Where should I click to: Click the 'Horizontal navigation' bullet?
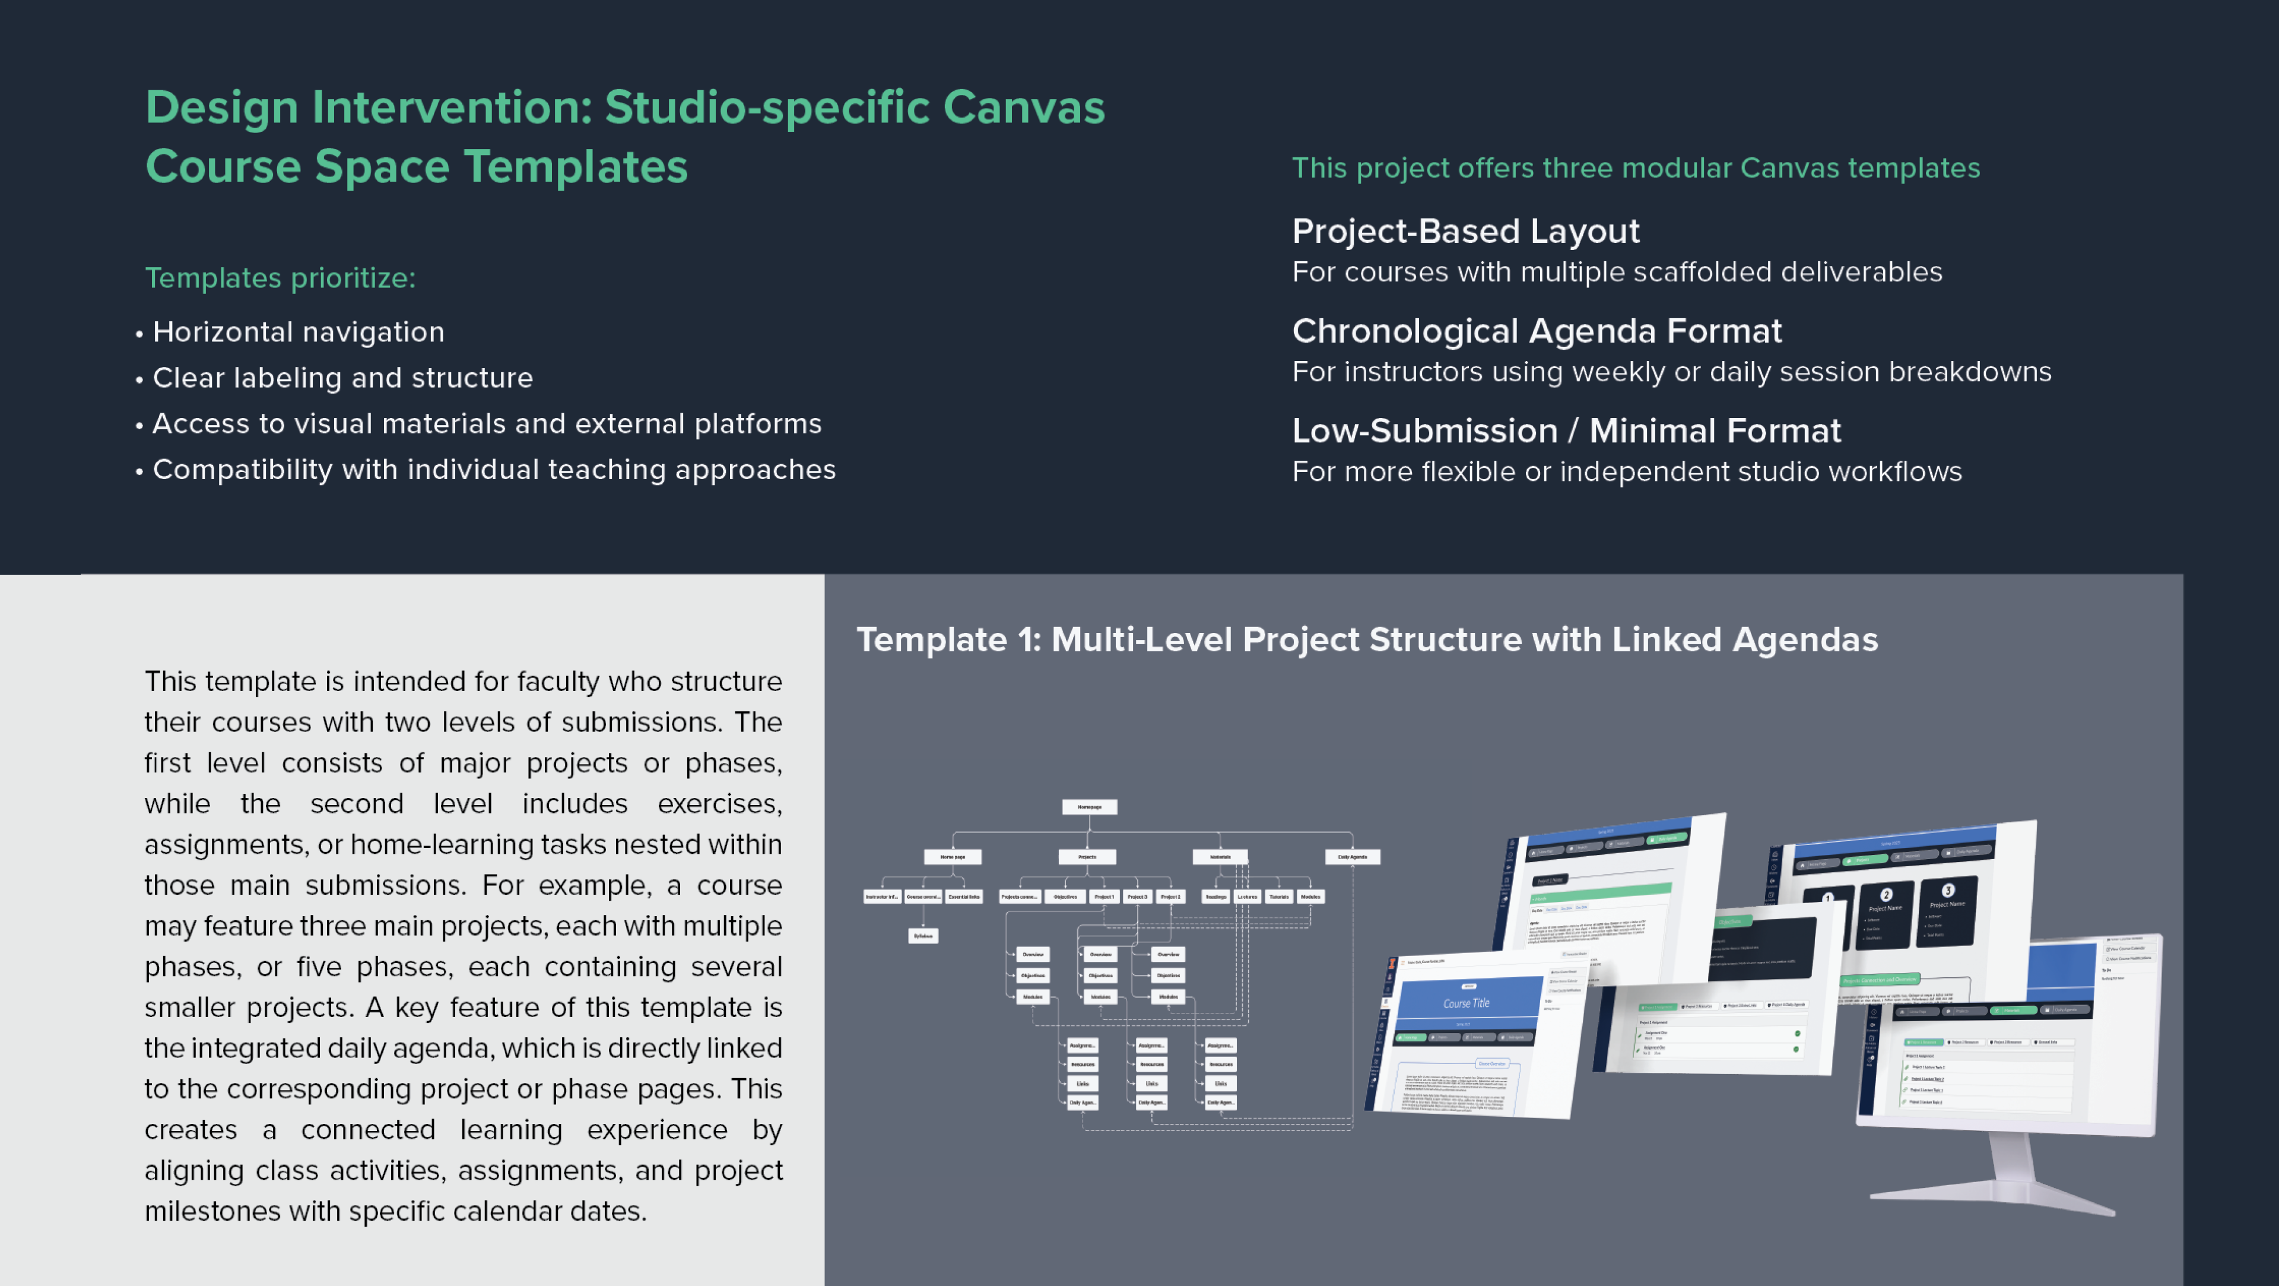point(298,332)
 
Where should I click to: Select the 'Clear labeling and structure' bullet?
point(342,378)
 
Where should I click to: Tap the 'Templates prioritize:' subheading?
point(280,278)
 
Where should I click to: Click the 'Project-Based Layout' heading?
point(1465,231)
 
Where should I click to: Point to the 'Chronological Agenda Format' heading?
point(1537,331)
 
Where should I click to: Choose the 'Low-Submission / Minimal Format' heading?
point(1566,431)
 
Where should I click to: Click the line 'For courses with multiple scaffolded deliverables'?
point(1616,273)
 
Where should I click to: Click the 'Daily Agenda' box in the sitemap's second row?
point(1352,857)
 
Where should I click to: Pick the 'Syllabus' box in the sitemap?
point(923,936)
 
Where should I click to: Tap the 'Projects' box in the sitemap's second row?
point(1087,857)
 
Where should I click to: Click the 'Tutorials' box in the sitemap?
point(1278,897)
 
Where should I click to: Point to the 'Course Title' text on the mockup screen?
point(1466,1003)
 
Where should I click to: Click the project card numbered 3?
point(1947,911)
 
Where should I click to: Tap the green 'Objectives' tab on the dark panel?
point(1729,922)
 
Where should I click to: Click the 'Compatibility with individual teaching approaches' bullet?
point(494,470)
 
